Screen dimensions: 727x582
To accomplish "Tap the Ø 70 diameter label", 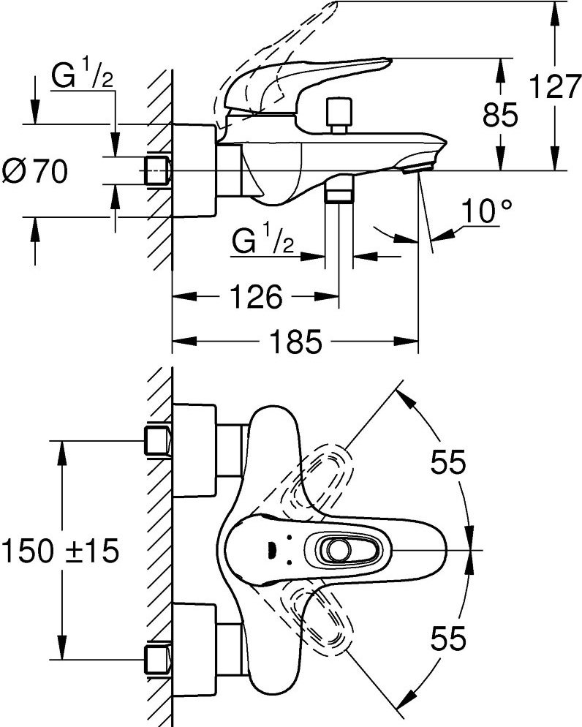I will click(x=35, y=172).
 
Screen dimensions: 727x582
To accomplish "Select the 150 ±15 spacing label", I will click(x=60, y=550).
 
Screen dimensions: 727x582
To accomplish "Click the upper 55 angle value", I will click(x=447, y=462).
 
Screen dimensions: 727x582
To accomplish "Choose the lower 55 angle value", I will click(x=447, y=639).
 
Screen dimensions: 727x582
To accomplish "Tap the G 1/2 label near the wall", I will click(x=82, y=77).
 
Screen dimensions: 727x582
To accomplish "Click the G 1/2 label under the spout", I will click(x=264, y=241).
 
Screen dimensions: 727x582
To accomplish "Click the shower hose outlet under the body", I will click(x=339, y=192).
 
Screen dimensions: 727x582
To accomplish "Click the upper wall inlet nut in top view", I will click(x=158, y=442).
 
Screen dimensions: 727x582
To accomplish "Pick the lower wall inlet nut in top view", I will click(x=158, y=658).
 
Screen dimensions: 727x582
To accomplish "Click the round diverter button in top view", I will click(x=338, y=550).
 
